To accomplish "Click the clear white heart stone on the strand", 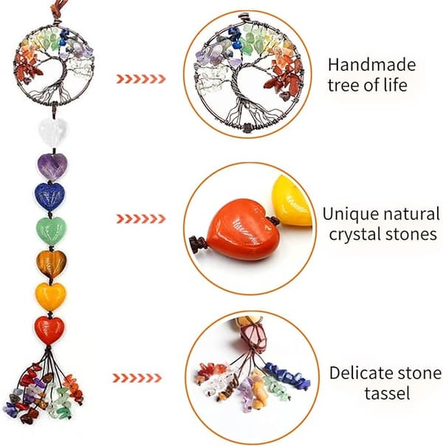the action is tap(52, 131).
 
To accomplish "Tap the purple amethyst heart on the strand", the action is tap(52, 166).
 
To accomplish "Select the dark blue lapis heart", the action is tap(49, 196).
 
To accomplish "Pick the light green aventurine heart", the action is tap(52, 230).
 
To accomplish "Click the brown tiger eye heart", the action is tap(52, 264).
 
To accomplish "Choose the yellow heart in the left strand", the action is tap(50, 296).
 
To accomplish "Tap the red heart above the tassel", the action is tap(49, 331).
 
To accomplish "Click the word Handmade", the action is tap(371, 64).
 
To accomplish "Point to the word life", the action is tap(396, 85).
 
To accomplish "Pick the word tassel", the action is tap(388, 393).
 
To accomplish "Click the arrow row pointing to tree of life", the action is tap(141, 79).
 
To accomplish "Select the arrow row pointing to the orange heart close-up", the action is tap(141, 219).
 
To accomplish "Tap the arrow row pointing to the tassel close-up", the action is tap(137, 378).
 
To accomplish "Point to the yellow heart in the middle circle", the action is tap(292, 200).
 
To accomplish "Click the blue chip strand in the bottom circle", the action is tap(287, 375).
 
